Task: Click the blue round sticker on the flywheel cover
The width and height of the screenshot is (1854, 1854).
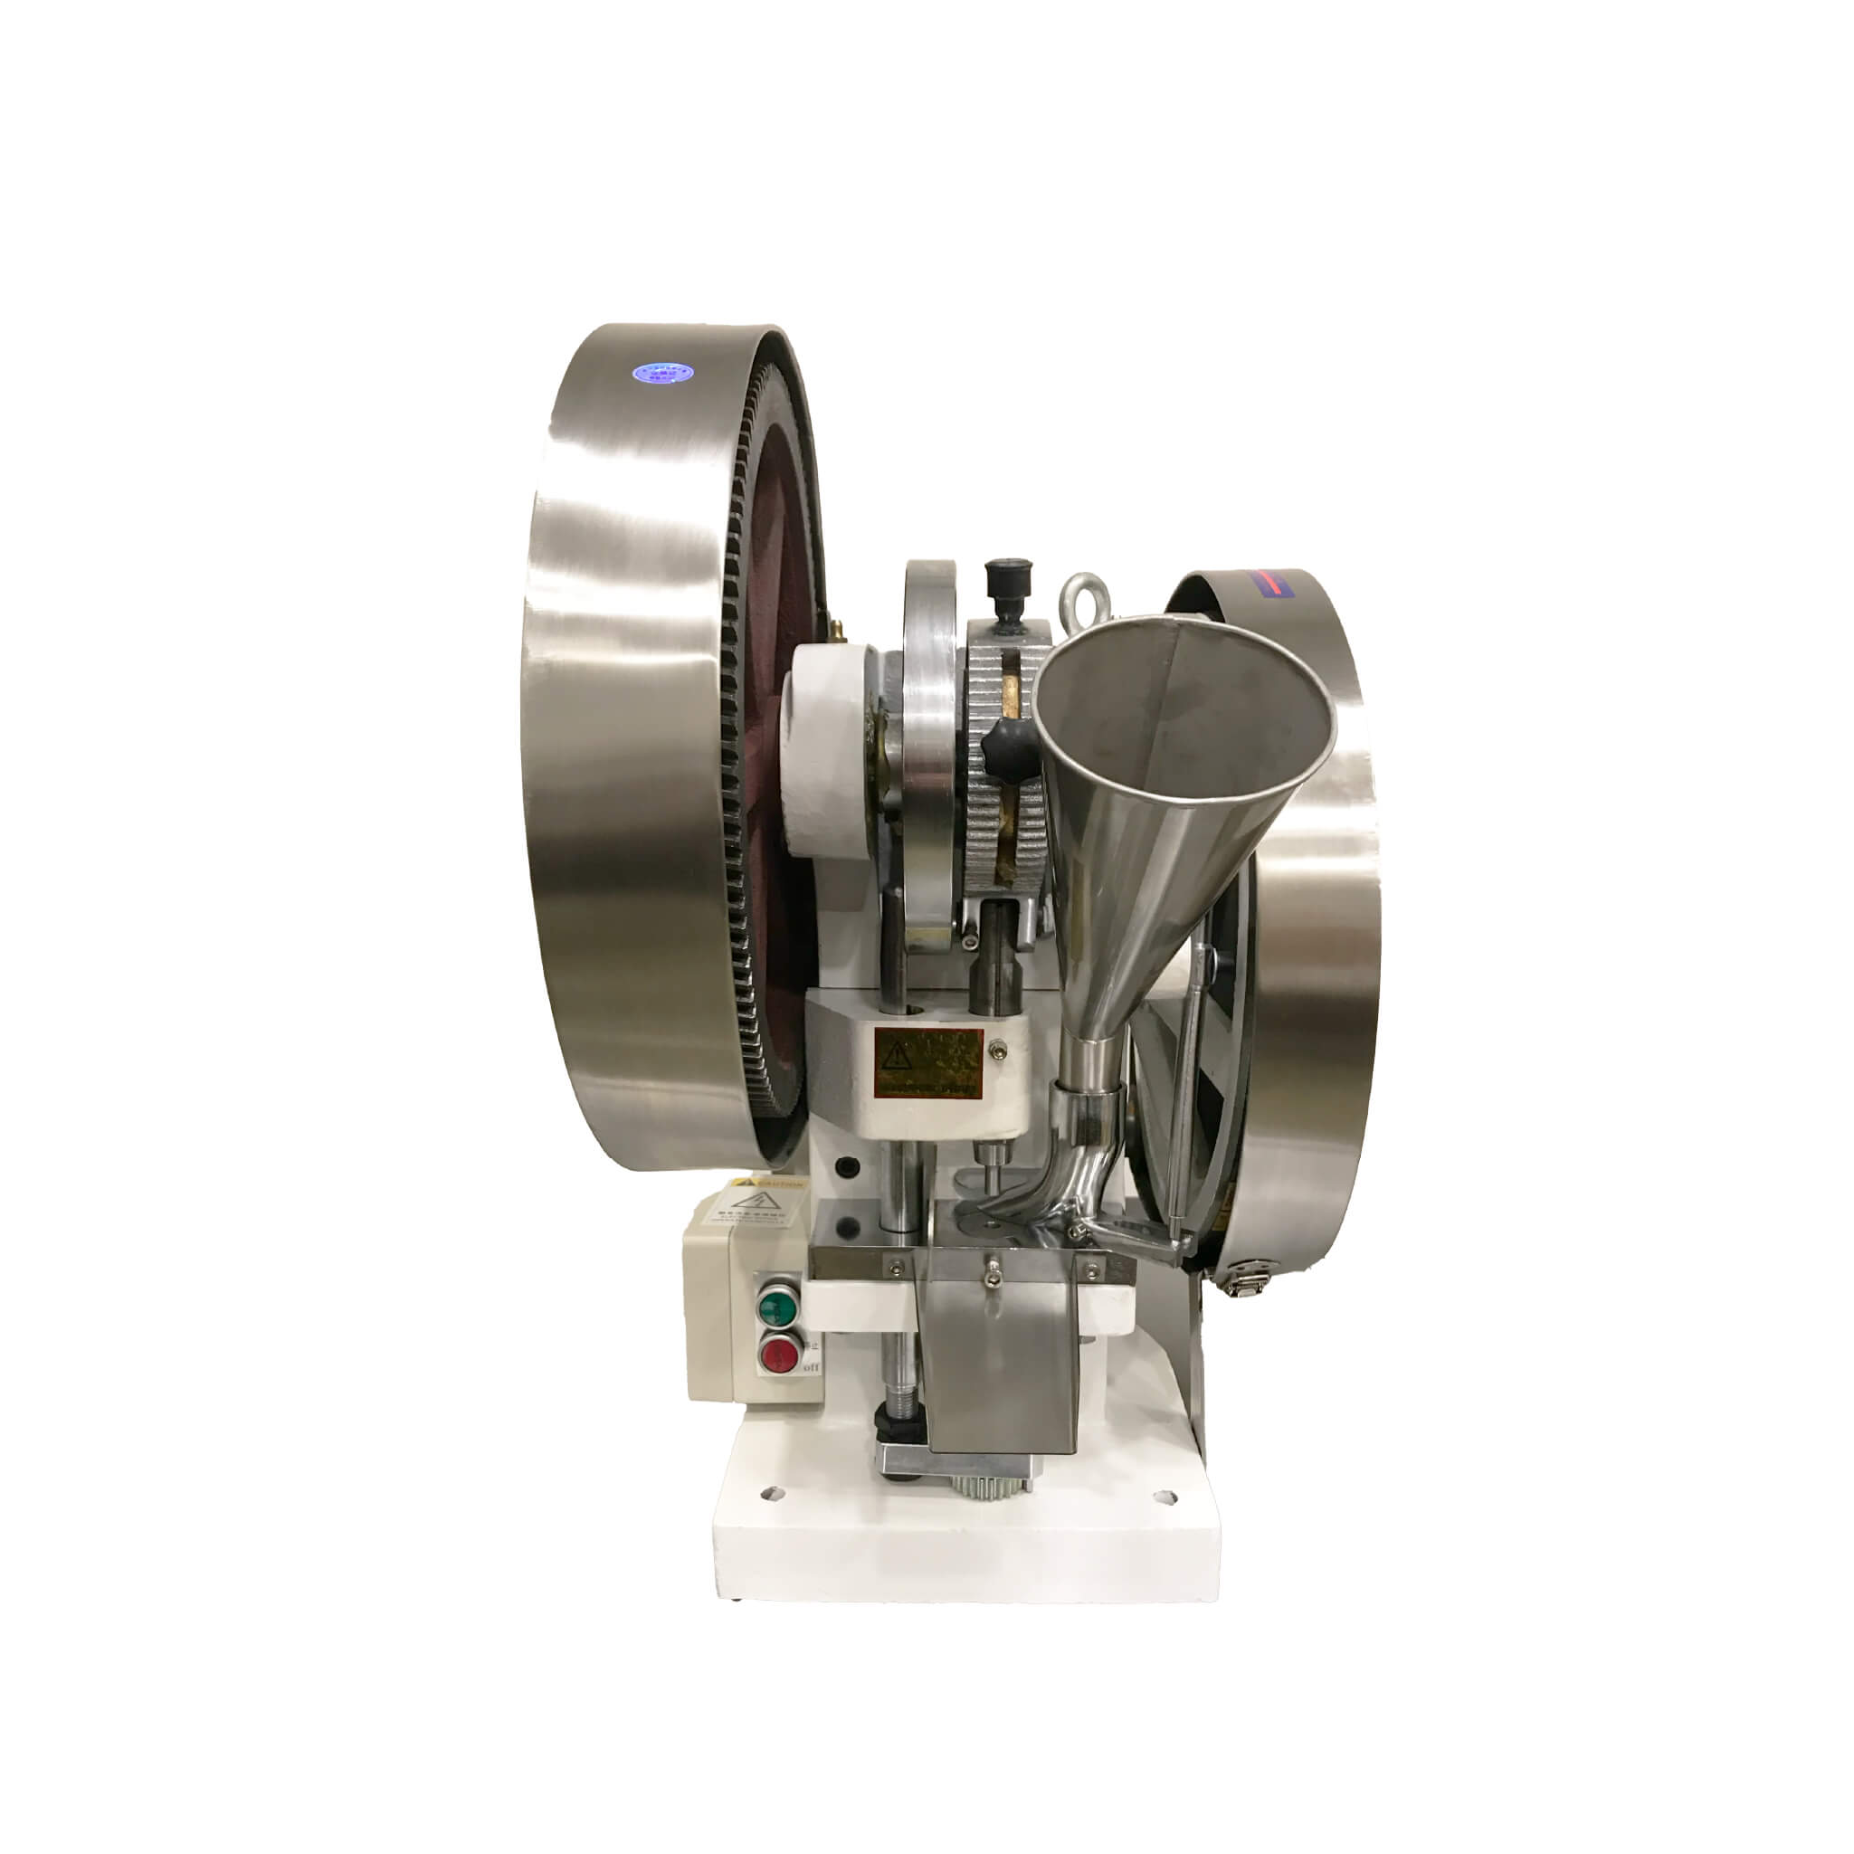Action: coord(661,371)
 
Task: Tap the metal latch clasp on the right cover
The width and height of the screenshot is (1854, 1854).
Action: coord(1250,1279)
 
